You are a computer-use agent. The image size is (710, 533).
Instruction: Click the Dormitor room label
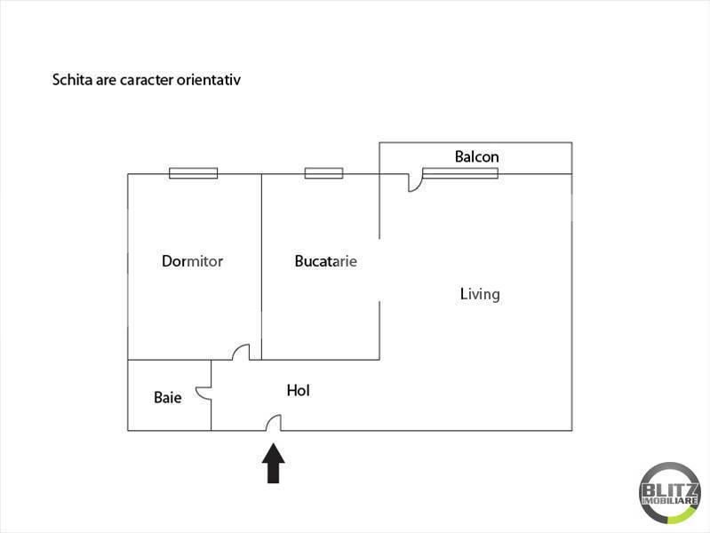click(x=192, y=261)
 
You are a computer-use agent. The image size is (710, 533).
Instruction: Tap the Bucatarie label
click(x=325, y=261)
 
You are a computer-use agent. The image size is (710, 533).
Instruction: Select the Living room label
click(x=480, y=295)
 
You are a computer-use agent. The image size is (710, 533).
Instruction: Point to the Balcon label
click(x=477, y=156)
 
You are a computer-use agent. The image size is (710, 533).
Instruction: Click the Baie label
click(x=168, y=398)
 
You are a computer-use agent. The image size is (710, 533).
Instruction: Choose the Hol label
click(x=299, y=390)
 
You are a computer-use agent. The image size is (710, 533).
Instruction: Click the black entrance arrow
click(x=274, y=463)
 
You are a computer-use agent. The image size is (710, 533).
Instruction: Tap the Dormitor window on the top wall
click(x=194, y=173)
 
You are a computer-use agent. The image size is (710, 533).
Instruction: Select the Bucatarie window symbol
click(x=323, y=173)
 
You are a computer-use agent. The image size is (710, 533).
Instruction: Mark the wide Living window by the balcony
click(x=460, y=173)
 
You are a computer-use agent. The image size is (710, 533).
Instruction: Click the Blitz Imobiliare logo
click(x=670, y=493)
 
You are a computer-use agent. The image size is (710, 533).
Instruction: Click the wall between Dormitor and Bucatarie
click(x=262, y=266)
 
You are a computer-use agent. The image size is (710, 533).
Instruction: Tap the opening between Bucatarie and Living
click(x=379, y=270)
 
